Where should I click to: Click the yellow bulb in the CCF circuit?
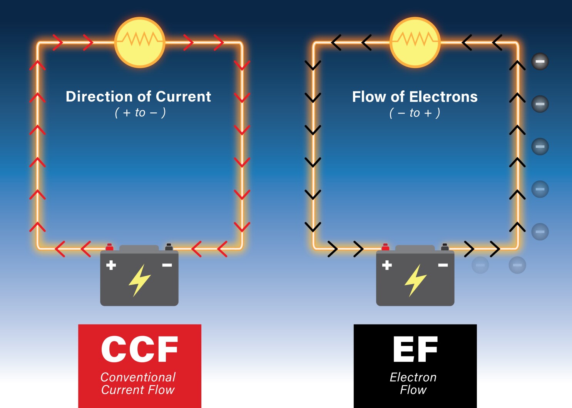(x=140, y=42)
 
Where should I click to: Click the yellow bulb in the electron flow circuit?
(x=415, y=42)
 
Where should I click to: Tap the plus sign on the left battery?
(x=111, y=265)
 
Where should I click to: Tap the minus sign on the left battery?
(x=167, y=265)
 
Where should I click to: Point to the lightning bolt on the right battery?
(x=415, y=280)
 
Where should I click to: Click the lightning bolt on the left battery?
(x=139, y=280)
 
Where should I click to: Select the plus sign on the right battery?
(x=387, y=265)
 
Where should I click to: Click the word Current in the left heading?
(x=183, y=97)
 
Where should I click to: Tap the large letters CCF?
(x=140, y=349)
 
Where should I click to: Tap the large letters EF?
(x=415, y=349)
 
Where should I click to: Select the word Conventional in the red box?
(x=138, y=377)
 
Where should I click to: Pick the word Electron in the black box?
(x=413, y=377)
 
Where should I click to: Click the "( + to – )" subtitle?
(x=140, y=113)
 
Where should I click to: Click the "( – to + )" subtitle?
(x=415, y=113)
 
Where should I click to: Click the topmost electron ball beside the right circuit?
(x=540, y=62)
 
